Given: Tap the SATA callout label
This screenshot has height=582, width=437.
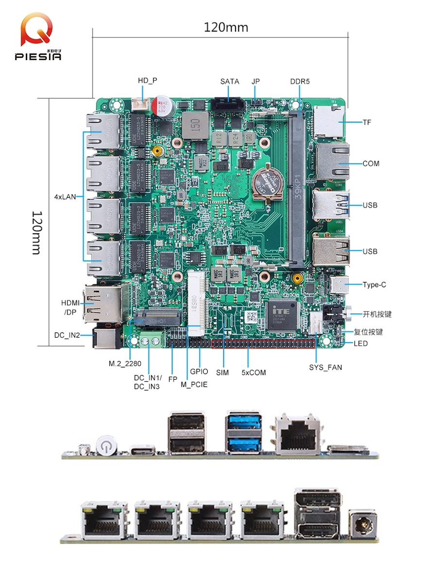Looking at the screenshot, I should (x=230, y=81).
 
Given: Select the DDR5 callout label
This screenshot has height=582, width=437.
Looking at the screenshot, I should (x=300, y=81).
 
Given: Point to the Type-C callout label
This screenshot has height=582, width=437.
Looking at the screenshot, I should (x=374, y=285).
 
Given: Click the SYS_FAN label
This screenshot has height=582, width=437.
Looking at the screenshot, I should (x=325, y=367).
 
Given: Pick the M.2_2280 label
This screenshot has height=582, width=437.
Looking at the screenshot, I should (x=125, y=363).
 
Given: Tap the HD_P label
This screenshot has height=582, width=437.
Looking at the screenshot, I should (x=148, y=81).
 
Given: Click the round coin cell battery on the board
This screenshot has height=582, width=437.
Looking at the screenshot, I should (x=267, y=184).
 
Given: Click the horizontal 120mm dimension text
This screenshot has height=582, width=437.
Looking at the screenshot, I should (x=226, y=28).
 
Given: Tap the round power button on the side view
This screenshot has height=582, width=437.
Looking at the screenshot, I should (x=104, y=445).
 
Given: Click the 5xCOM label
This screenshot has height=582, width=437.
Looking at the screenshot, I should (x=253, y=372).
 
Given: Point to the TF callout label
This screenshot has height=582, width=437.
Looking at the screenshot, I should (x=367, y=122).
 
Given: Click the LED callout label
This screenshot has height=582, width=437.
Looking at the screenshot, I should (x=361, y=343).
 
